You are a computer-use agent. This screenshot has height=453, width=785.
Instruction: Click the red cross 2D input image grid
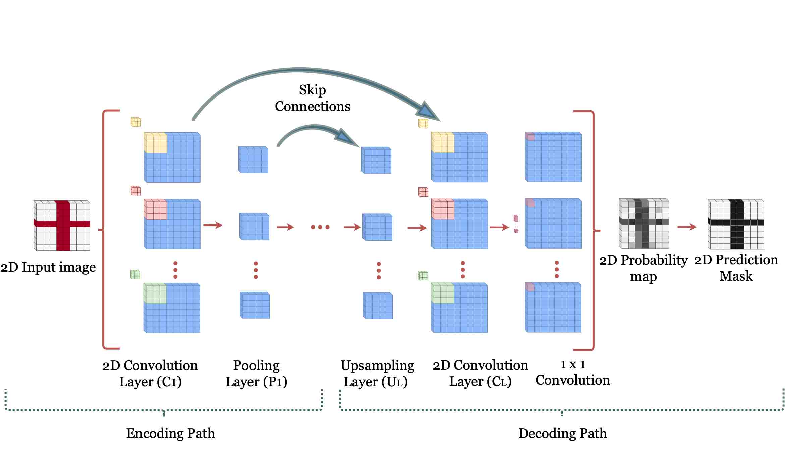pos(62,225)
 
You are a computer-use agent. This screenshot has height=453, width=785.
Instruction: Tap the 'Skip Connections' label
pos(313,98)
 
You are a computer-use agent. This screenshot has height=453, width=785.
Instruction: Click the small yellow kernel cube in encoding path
pos(135,122)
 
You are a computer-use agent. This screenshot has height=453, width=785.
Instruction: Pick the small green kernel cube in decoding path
pos(423,275)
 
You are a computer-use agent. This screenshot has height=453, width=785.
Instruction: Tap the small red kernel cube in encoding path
pos(135,191)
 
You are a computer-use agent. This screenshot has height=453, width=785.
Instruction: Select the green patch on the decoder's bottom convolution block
pos(443,293)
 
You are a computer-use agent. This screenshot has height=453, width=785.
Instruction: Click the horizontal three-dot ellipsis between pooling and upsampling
pos(320,227)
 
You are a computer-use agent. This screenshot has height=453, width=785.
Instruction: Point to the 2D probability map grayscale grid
pos(644,223)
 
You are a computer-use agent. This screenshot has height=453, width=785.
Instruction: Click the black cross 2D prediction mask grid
pos(736,224)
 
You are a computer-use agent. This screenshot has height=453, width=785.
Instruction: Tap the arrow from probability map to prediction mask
pos(687,227)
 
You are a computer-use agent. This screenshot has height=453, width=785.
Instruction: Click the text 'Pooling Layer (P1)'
pos(256,373)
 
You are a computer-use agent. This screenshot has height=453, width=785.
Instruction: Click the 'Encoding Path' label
pos(170,433)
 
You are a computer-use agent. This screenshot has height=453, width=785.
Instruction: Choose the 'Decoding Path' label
pos(562,433)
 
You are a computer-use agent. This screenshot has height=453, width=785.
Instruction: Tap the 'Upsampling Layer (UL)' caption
pos(377,373)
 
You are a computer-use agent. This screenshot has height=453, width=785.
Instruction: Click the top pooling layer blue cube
pos(254,160)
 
